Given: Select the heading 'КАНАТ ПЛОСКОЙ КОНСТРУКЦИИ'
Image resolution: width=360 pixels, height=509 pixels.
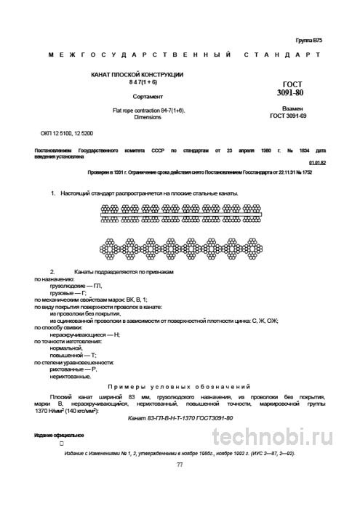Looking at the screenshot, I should click(137, 76).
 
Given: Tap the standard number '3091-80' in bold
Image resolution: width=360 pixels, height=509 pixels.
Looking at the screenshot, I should click(293, 94).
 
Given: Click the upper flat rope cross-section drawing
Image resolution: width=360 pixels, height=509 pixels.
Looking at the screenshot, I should click(179, 213).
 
